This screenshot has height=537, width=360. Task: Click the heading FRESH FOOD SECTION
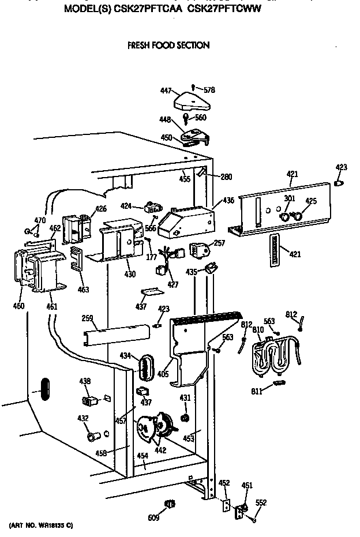point(168,45)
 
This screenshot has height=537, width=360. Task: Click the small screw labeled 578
point(193,87)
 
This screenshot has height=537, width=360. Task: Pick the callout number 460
point(19,306)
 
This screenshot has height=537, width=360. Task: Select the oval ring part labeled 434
point(147,367)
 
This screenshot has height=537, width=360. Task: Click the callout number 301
point(289,200)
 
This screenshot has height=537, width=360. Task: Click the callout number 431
point(185,398)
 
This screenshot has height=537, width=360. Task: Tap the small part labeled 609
point(169,505)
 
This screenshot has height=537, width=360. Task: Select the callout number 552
point(261,502)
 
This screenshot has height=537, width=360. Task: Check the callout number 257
point(219,244)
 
